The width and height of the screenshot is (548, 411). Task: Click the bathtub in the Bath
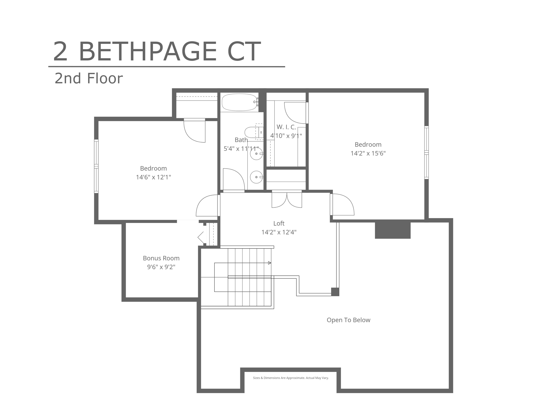[x=240, y=102]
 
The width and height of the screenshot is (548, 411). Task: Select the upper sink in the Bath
[x=256, y=154]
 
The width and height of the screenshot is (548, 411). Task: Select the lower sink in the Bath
[x=256, y=177]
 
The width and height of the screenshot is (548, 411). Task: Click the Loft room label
[x=279, y=223]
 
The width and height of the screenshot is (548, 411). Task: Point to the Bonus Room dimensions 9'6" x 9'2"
[x=161, y=267]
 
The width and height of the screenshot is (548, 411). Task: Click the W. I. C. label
[x=286, y=127]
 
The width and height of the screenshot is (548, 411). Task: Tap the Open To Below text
[x=348, y=320]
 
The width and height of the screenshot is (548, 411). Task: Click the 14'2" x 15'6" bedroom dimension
[x=368, y=153]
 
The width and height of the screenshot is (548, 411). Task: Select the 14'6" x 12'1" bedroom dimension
[x=153, y=177]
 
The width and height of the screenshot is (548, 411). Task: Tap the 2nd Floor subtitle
[x=89, y=78]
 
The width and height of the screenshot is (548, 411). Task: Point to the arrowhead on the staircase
[x=270, y=263]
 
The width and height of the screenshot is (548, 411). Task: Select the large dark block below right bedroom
[x=393, y=229]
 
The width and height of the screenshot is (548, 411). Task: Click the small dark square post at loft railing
[x=335, y=292]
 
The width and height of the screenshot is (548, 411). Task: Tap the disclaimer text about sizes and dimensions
[x=291, y=378]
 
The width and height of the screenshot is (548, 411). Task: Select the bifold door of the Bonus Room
[x=201, y=237]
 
